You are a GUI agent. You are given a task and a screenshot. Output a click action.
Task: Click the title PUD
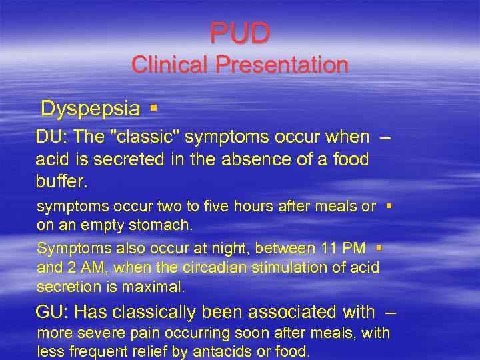tap(240, 33)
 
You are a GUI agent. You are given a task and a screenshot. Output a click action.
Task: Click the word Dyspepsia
tap(90, 108)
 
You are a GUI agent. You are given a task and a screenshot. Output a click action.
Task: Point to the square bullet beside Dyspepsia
tap(153, 108)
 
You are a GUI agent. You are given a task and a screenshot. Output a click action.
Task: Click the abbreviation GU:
tap(52, 312)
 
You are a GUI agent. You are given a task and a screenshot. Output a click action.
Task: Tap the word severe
tap(94, 333)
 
